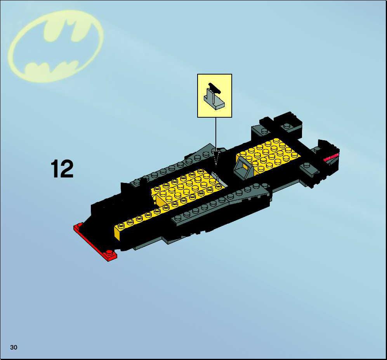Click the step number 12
(62, 169)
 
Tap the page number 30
(14, 348)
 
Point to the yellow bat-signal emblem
(56, 46)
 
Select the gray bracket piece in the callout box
(214, 100)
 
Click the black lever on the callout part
(214, 88)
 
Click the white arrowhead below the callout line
(216, 158)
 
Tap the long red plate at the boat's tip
(95, 242)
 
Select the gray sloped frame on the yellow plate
(243, 169)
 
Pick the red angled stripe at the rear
(331, 157)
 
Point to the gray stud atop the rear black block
(287, 126)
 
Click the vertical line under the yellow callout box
(216, 134)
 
